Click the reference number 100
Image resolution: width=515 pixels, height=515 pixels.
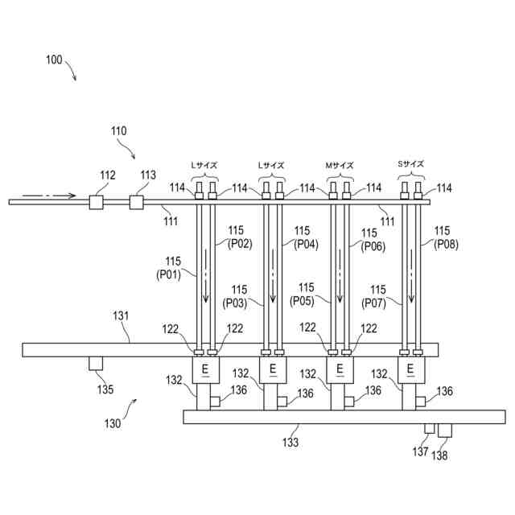coord(55,60)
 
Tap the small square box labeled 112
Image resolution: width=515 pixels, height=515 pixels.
coord(97,201)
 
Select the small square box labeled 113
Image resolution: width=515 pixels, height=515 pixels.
coord(137,201)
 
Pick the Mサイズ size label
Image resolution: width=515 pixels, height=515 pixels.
coord(339,165)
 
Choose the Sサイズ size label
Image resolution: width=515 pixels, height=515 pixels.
coord(410,164)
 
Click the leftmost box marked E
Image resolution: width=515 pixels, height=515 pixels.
coord(205,369)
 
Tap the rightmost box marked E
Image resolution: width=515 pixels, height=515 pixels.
coord(410,369)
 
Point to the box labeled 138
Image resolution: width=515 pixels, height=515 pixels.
coord(444,431)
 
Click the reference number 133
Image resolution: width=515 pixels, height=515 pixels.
coord(290,442)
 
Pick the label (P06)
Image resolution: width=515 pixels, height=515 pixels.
coord(372,245)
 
